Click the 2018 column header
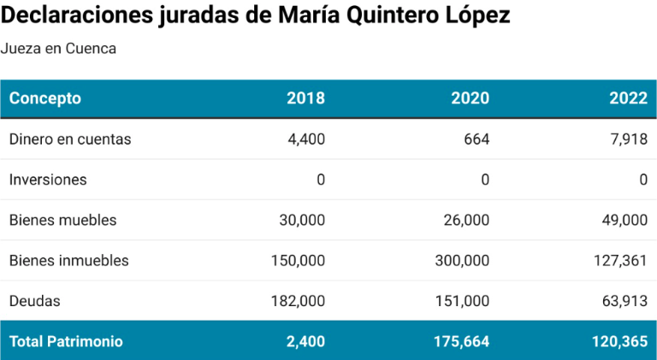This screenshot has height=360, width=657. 305,98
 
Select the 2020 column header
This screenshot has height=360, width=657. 470,98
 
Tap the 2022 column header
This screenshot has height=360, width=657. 628,98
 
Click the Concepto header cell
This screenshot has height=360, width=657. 45,98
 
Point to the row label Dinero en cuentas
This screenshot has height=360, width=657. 70,139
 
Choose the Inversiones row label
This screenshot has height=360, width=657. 48,180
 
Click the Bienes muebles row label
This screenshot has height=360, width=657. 62,221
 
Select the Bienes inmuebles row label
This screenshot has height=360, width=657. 68,261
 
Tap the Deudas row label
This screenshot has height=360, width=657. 35,301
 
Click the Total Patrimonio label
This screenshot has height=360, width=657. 66,341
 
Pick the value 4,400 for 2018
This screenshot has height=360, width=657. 307,139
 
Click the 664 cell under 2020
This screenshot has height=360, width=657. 476,139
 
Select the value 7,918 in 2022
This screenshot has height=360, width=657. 630,139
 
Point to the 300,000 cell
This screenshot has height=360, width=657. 463,261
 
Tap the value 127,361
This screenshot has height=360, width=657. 620,261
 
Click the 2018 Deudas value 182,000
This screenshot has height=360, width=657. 299,301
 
